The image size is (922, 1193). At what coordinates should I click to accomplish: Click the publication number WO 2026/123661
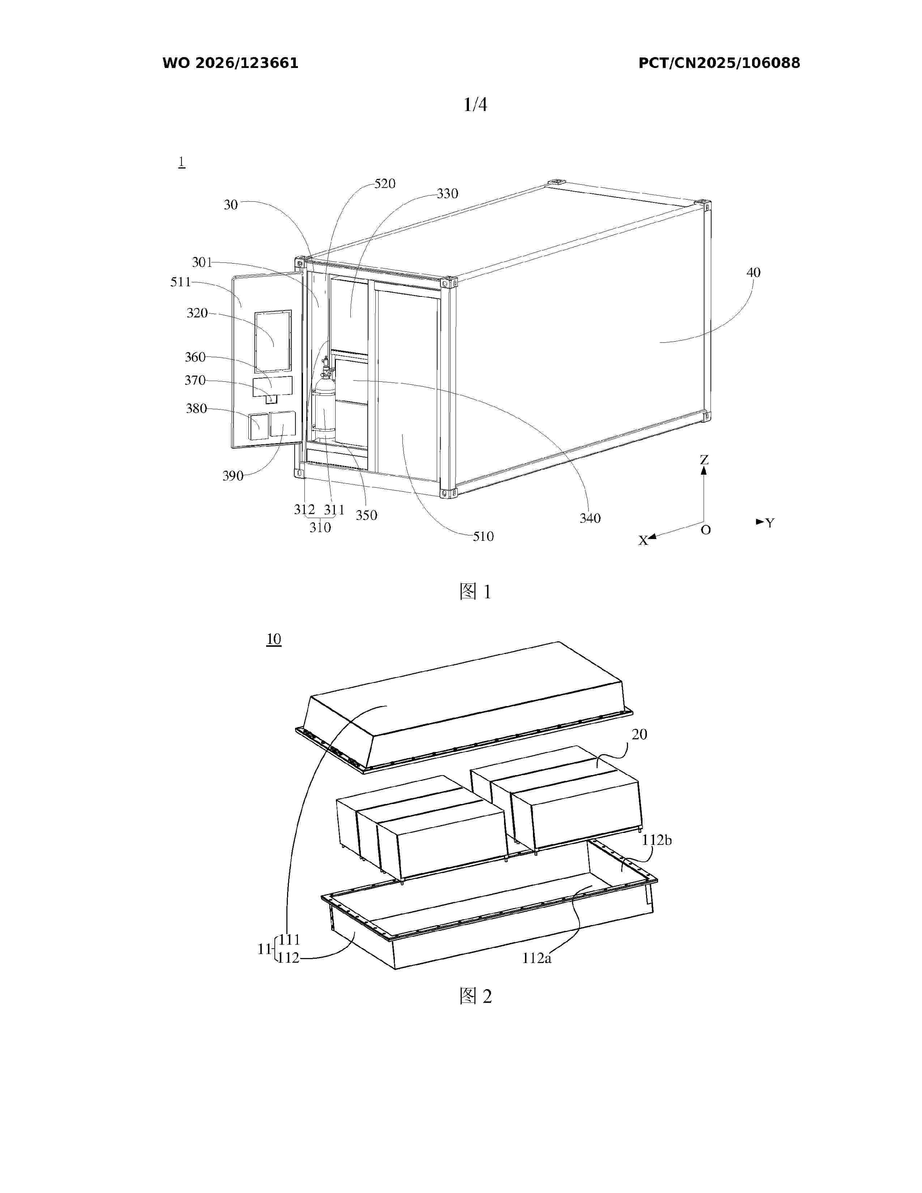231,63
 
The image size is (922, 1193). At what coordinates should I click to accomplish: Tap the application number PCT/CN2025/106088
720,63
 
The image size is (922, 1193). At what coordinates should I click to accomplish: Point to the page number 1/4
475,104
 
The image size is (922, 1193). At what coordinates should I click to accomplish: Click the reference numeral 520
385,184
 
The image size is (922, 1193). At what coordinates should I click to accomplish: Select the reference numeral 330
447,193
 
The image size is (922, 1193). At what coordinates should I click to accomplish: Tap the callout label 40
753,272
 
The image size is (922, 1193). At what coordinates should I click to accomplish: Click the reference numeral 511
181,282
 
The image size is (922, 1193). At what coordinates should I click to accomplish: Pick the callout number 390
233,476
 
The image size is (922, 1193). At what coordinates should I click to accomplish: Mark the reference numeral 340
590,518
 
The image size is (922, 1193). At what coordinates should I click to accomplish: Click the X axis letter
644,540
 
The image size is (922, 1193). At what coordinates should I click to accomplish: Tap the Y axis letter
770,523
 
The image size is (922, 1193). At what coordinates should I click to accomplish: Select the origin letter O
706,530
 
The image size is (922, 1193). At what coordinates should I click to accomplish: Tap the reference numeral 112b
657,840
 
